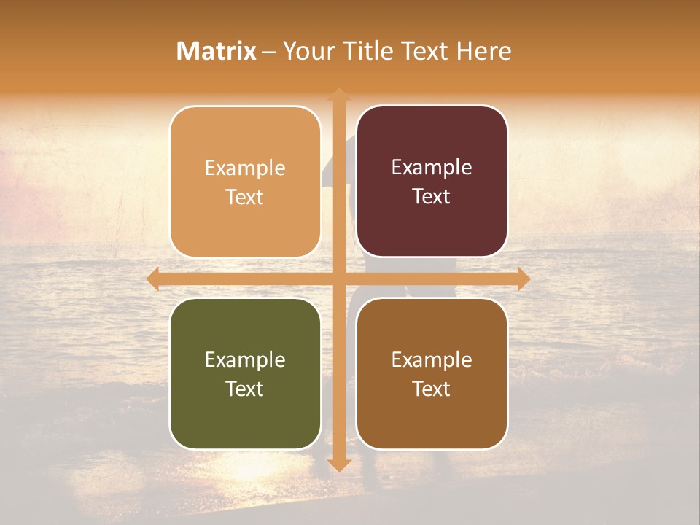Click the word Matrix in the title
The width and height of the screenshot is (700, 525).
click(x=217, y=51)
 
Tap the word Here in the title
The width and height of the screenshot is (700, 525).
click(x=484, y=51)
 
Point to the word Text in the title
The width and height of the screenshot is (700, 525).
click(x=426, y=51)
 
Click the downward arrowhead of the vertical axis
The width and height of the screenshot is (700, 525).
click(x=338, y=464)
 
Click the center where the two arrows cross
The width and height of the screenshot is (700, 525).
click(x=338, y=279)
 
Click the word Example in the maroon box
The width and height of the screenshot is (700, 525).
click(x=432, y=168)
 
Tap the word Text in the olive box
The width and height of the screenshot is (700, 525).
click(x=245, y=389)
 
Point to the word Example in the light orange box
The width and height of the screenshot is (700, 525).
click(x=245, y=168)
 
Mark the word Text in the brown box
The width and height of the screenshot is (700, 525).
click(x=432, y=389)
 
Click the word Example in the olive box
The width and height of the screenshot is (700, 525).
click(x=245, y=360)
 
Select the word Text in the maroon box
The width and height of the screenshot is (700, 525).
click(x=432, y=197)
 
